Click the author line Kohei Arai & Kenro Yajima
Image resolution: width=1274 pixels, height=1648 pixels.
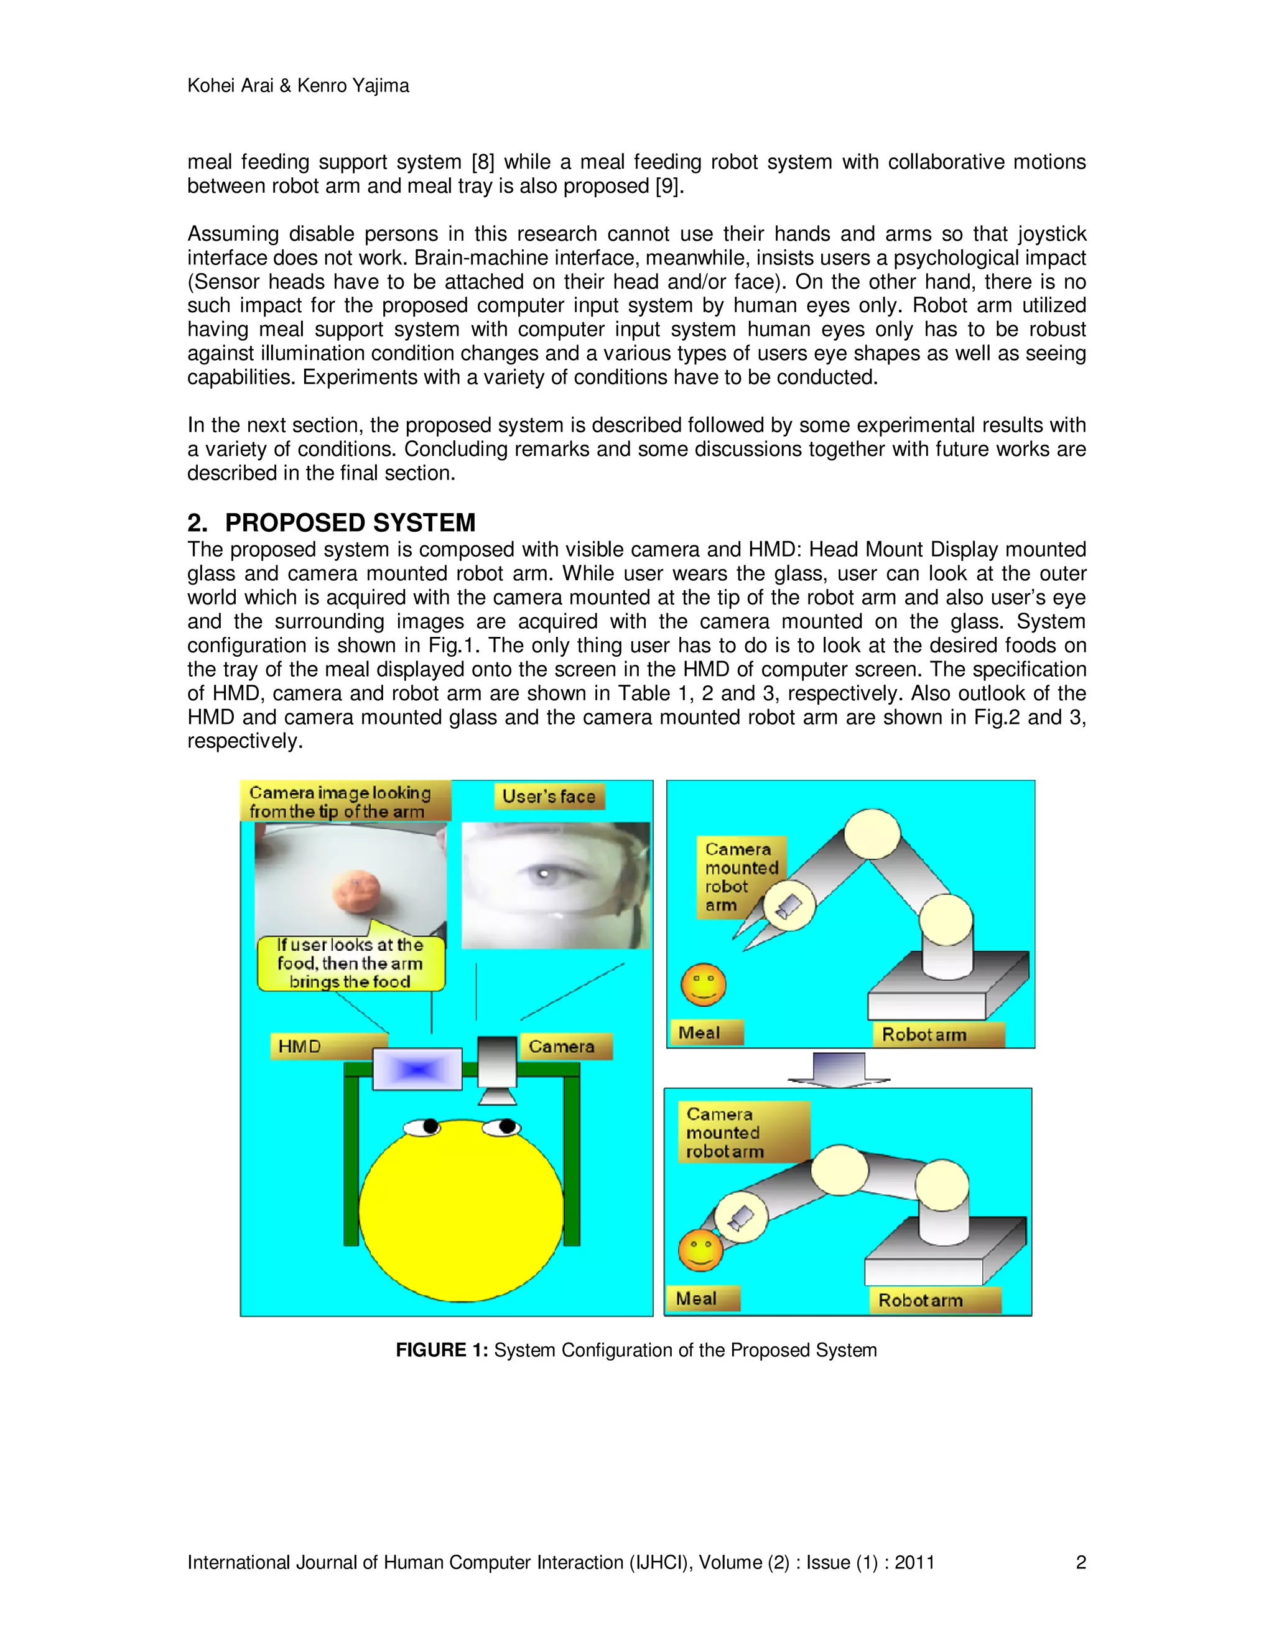tap(297, 86)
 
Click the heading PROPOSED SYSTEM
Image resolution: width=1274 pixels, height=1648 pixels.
tap(350, 523)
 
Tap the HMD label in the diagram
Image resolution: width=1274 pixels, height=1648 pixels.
tap(300, 1047)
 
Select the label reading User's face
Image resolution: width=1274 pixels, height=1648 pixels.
tap(549, 797)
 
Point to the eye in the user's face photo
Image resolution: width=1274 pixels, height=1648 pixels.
tap(541, 874)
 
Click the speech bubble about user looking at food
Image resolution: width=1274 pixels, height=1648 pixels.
tap(350, 963)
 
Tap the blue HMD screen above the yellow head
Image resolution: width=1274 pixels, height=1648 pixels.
tap(417, 1069)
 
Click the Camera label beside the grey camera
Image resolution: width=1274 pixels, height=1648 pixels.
tap(562, 1047)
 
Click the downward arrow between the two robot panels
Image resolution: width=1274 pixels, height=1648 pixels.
tap(839, 1069)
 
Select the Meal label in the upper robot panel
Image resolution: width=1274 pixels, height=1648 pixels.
tap(700, 1033)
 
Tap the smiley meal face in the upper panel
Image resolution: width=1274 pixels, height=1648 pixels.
tap(704, 984)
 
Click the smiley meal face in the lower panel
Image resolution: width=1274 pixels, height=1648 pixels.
tap(700, 1249)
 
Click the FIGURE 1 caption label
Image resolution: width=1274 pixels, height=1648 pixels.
tap(442, 1350)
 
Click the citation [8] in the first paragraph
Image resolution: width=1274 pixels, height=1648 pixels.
tap(483, 162)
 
